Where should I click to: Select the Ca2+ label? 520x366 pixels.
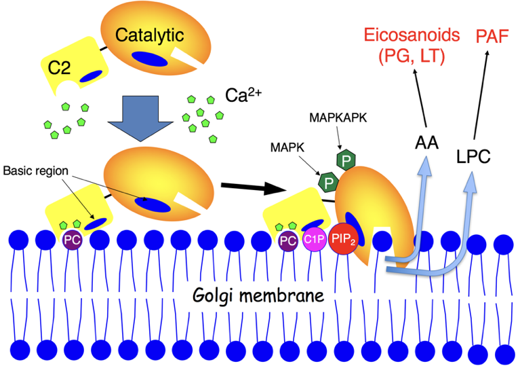[x=239, y=94]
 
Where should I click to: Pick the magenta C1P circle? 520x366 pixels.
[x=314, y=239]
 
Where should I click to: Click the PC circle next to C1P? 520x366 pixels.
[x=288, y=239]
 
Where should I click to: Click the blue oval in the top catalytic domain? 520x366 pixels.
[x=149, y=60]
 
